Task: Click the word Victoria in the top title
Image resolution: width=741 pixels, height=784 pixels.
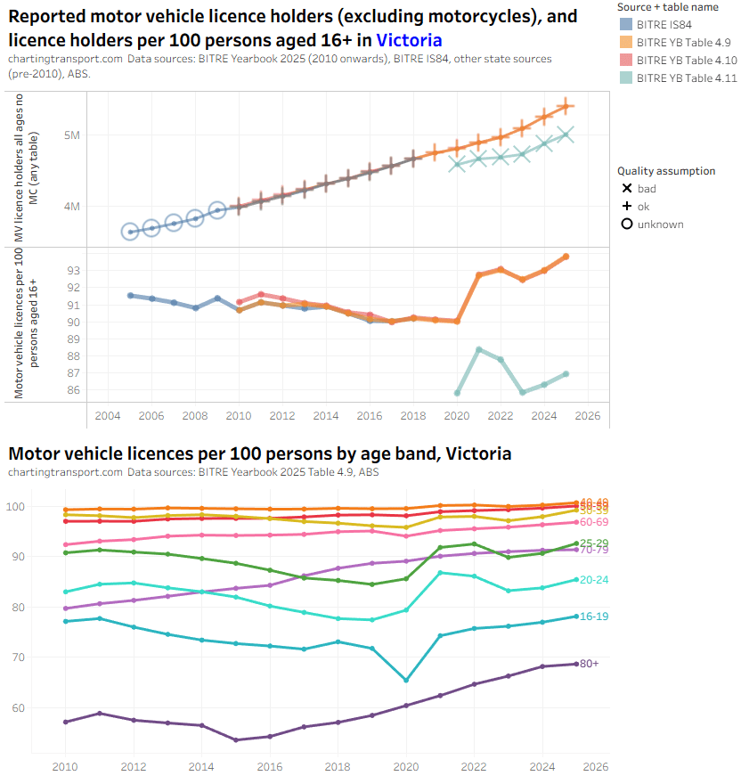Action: coord(409,40)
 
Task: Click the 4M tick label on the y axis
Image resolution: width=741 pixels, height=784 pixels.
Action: coord(72,206)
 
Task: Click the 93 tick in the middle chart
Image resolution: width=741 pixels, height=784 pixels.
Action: coord(73,270)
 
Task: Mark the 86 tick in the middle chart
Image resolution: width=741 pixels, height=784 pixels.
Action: coord(73,390)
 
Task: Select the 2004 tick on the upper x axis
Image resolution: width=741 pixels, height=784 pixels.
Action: coord(108,416)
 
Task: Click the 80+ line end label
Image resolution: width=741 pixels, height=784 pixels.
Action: coord(588,664)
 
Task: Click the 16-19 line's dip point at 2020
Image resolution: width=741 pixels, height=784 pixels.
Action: coord(406,680)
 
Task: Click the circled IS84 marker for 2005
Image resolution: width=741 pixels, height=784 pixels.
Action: coord(130,232)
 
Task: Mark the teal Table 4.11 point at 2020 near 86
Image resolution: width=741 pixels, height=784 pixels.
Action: coord(457,393)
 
